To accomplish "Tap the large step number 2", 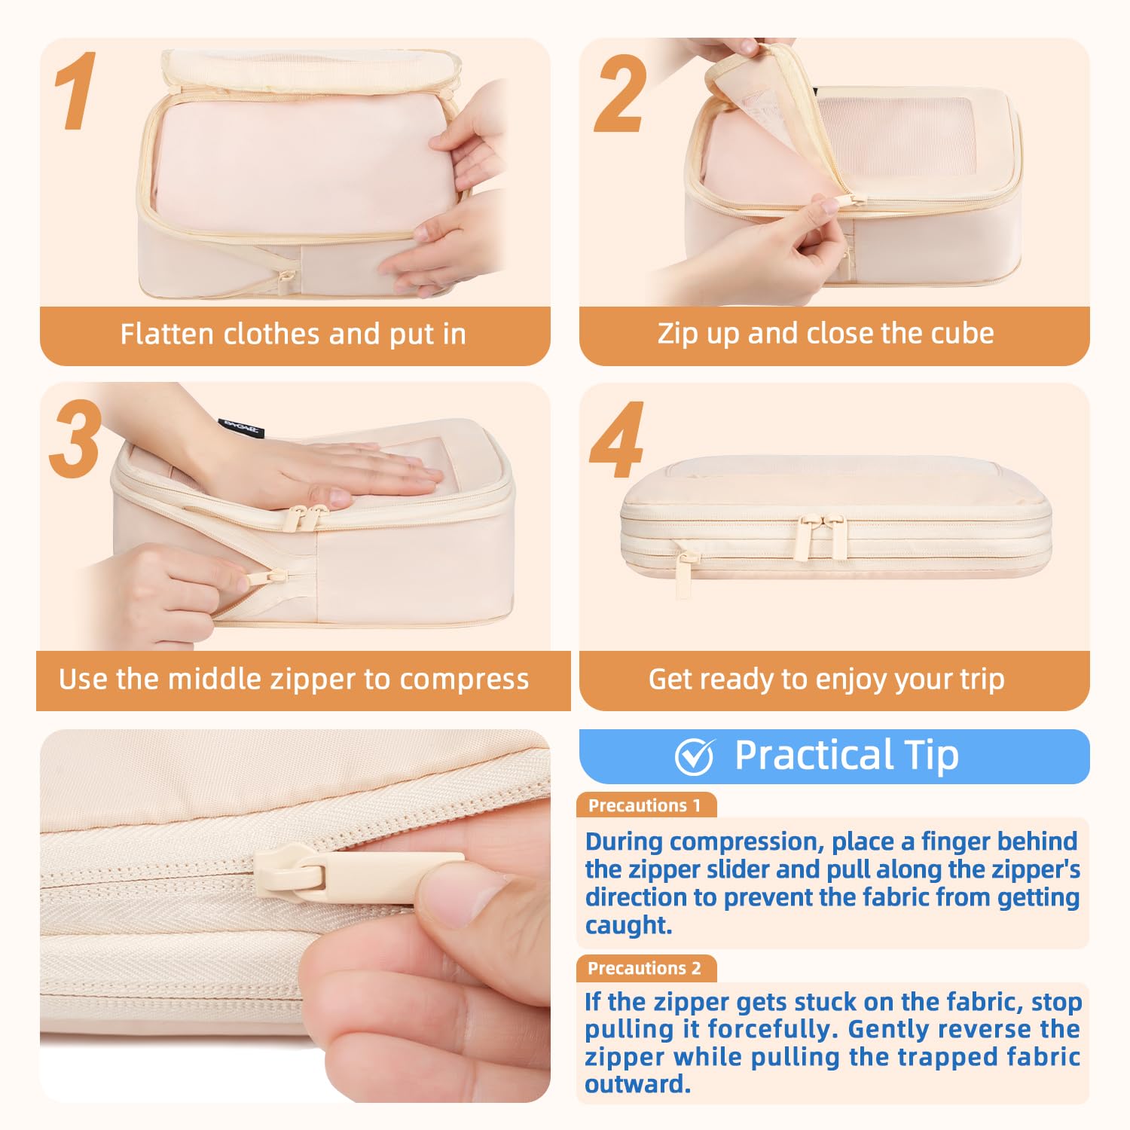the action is pyautogui.click(x=620, y=94).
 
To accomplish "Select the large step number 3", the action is pyautogui.click(x=75, y=438).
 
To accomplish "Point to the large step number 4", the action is pyautogui.click(x=617, y=440).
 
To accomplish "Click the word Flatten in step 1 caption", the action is pyautogui.click(x=167, y=334).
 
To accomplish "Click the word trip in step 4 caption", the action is pyautogui.click(x=982, y=680).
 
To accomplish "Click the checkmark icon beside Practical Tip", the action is pyautogui.click(x=695, y=756).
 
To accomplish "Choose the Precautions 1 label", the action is pyautogui.click(x=645, y=805).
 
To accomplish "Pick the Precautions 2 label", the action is pyautogui.click(x=645, y=968).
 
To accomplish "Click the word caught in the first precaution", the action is pyautogui.click(x=629, y=925).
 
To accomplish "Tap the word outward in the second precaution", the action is pyautogui.click(x=638, y=1085).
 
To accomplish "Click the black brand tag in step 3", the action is pyautogui.click(x=242, y=428).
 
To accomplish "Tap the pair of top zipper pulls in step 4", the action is pyautogui.click(x=823, y=536).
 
